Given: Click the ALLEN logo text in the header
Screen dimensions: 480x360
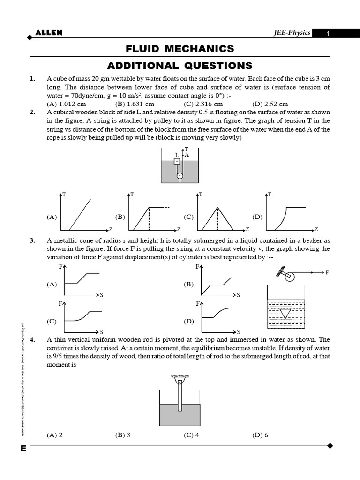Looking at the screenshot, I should pos(49,33).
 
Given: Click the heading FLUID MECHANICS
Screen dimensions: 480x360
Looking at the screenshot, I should pos(180,49).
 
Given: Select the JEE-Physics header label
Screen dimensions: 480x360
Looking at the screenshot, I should pos(292,33).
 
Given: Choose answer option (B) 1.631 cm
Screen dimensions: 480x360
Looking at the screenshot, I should pos(135,104).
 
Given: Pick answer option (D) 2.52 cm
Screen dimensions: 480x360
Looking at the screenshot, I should pos(270,104).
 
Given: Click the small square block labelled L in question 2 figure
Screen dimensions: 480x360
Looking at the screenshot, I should pos(177,161).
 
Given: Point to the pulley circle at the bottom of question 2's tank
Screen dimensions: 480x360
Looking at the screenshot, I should pos(180,176).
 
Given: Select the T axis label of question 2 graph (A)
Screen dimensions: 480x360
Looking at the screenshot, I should pos(64,194).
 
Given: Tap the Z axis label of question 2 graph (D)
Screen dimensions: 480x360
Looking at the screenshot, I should pos(316,229).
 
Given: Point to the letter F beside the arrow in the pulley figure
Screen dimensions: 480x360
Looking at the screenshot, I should pos(327,272).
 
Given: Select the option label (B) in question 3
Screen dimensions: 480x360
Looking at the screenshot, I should pos(189,284).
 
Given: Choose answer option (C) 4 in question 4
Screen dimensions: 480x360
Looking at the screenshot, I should pos(191,435).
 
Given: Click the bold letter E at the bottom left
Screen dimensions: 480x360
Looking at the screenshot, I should pos(23,449).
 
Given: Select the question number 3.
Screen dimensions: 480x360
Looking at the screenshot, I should pos(32,240).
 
